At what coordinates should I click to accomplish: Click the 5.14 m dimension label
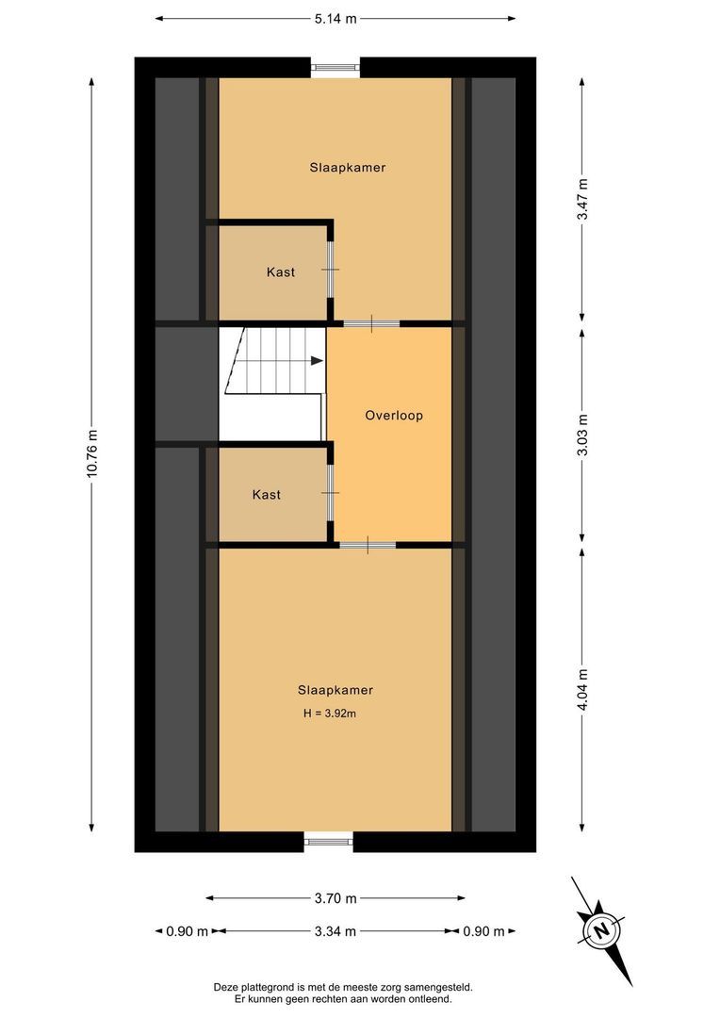tap(335, 18)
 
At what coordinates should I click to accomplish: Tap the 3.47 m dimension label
tap(583, 199)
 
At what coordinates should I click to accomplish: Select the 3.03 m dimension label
tap(583, 435)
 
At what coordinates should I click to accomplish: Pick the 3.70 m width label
tap(335, 898)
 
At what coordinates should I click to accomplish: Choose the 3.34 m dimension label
tap(335, 931)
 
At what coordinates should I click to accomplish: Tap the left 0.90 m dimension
tap(187, 931)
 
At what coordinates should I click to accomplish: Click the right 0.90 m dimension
tap(483, 931)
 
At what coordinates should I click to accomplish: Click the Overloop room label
tap(394, 415)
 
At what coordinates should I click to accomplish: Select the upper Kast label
tap(280, 272)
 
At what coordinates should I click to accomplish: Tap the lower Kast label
tap(267, 494)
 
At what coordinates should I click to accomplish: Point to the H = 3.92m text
tap(328, 714)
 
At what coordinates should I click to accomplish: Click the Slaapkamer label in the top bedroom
tap(348, 168)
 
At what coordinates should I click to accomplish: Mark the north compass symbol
tap(599, 929)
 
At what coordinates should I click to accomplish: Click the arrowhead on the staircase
tap(316, 359)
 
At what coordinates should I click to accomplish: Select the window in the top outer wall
tap(335, 67)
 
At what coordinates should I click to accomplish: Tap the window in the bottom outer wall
tap(328, 841)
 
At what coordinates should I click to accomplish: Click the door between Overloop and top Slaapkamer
tap(371, 323)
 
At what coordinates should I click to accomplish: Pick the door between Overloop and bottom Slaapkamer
tap(368, 545)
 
